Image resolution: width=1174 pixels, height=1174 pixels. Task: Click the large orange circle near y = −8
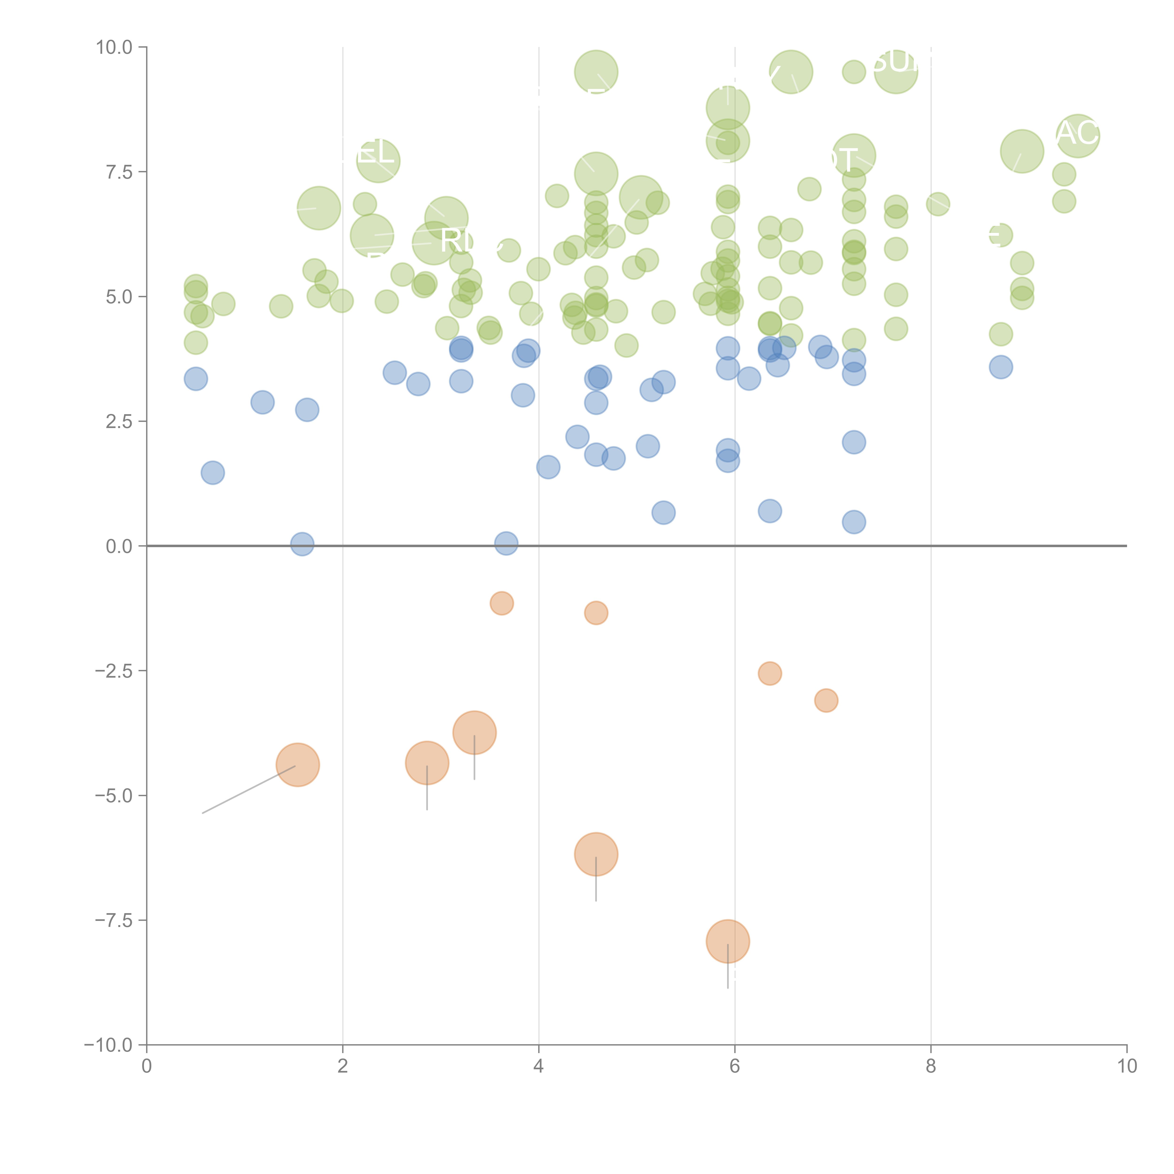(727, 941)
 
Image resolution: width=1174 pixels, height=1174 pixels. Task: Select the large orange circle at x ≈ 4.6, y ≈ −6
(595, 854)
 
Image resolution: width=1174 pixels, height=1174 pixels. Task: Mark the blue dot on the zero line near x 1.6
(302, 544)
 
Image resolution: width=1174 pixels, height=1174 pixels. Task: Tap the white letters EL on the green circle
(375, 152)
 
